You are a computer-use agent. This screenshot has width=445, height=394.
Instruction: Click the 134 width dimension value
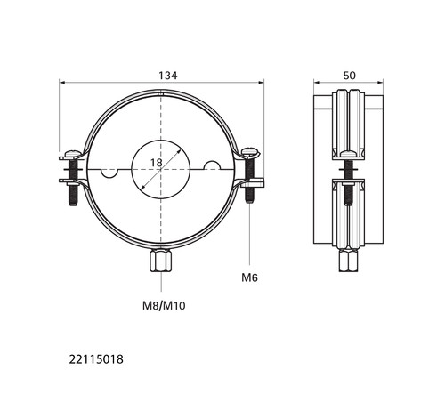(x=168, y=76)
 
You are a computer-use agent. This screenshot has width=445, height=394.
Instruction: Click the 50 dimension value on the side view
(x=349, y=76)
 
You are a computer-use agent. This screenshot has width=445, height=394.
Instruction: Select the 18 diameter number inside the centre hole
(x=157, y=163)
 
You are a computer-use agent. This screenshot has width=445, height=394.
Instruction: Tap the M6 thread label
(x=249, y=277)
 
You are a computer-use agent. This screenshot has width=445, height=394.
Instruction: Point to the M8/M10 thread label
(x=164, y=305)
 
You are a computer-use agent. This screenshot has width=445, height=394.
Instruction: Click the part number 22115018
(x=96, y=359)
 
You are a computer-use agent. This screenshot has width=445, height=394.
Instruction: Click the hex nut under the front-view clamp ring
(x=161, y=261)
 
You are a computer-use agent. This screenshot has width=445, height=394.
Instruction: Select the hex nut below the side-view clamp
(x=349, y=260)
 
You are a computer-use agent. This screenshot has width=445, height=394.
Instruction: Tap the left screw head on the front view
(x=72, y=154)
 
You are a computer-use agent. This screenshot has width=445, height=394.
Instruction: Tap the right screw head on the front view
(x=251, y=152)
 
